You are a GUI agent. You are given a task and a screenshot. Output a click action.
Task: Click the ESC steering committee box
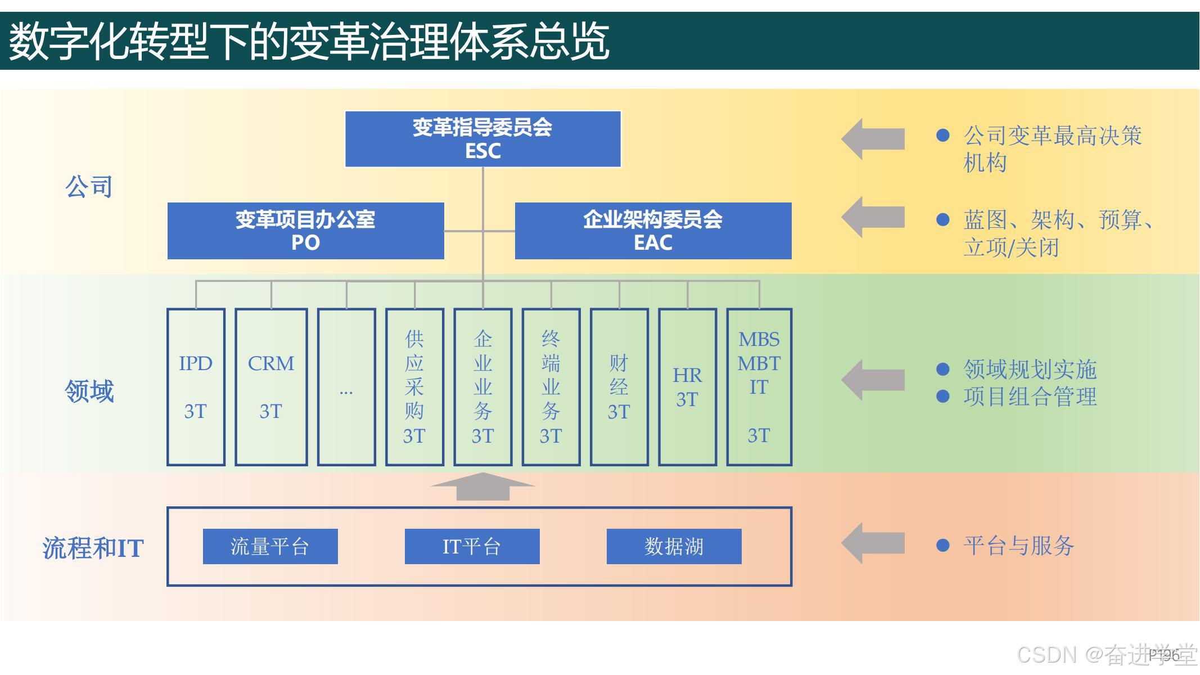pos(482,139)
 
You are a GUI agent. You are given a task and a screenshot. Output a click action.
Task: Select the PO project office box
pos(305,231)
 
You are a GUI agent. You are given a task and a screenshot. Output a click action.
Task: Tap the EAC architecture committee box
pos(653,231)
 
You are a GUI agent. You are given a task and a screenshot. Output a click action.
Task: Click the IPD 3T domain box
pos(196,387)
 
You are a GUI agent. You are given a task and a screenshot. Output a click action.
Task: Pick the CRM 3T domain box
pos(271,387)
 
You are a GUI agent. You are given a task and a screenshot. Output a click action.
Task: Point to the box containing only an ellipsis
pos(346,387)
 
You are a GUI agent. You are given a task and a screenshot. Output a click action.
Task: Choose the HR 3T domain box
pos(687,387)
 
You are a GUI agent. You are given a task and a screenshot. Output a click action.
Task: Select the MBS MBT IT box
pos(759,387)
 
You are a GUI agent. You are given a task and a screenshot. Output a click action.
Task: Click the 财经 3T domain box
pos(619,387)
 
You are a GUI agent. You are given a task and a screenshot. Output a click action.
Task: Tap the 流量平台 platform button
pos(270,546)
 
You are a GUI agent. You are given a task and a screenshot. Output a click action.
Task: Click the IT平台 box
pos(472,546)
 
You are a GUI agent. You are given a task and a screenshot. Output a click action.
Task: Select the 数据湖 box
pos(674,546)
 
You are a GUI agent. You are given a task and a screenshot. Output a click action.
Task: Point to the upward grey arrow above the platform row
pos(482,487)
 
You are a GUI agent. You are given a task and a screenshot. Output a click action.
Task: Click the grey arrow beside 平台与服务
pos(873,543)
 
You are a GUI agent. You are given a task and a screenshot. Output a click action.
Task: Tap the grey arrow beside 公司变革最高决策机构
pos(873,139)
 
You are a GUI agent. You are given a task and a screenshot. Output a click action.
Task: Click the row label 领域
pos(89,391)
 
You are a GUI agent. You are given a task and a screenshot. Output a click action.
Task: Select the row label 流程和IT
pos(93,548)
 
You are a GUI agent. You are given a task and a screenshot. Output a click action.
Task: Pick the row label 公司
pos(89,186)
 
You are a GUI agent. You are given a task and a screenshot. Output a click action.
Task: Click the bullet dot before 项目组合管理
pos(943,397)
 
